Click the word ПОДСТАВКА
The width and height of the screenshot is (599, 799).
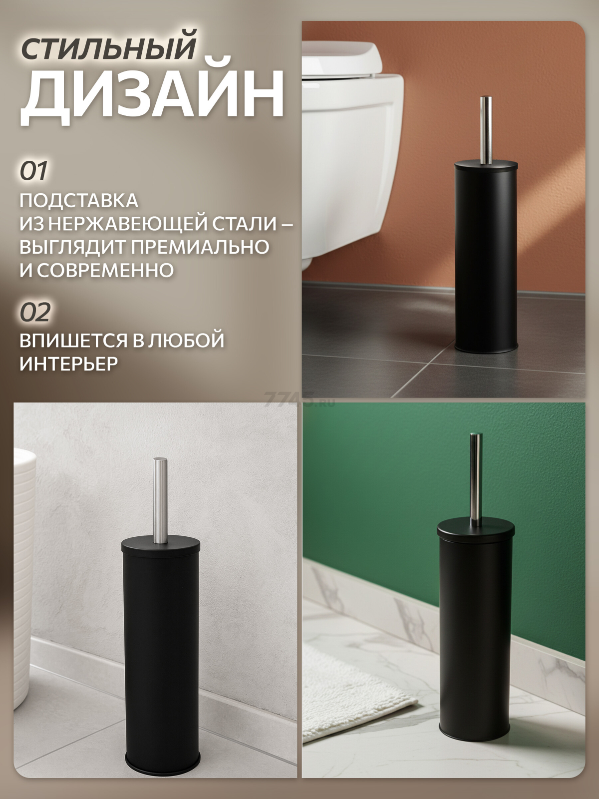[79, 201]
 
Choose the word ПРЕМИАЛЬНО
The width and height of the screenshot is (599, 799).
[200, 247]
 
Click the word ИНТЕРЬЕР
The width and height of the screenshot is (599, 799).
[69, 363]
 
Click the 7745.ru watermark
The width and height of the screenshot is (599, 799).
[299, 399]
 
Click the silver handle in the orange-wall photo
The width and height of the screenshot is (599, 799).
[486, 129]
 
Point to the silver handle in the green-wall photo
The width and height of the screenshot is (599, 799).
[476, 480]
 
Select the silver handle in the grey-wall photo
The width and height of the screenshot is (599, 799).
[160, 501]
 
